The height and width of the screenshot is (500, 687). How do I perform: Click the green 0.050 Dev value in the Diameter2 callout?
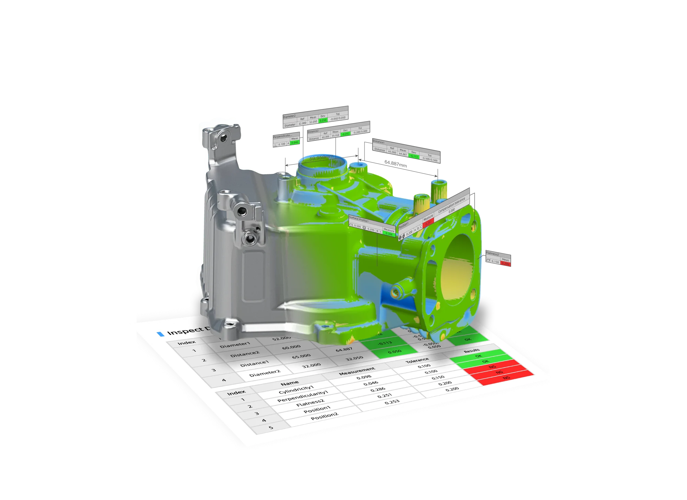click(x=323, y=120)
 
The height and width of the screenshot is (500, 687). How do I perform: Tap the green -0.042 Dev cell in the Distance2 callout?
click(x=346, y=134)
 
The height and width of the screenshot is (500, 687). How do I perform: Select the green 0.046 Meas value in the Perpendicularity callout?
click(x=295, y=142)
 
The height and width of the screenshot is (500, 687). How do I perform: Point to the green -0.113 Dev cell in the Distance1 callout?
click(x=414, y=156)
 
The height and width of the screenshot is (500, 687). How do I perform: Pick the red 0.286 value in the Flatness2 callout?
click(x=505, y=263)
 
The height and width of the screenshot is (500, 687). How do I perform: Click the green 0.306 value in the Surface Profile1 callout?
click(x=389, y=234)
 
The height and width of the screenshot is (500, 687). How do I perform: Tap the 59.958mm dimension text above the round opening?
click(x=321, y=158)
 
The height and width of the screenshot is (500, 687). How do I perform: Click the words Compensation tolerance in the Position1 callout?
click(x=451, y=205)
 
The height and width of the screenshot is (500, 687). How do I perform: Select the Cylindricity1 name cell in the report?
click(x=296, y=390)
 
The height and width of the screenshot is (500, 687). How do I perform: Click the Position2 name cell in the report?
click(x=324, y=416)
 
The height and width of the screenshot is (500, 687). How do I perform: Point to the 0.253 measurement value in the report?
click(x=392, y=402)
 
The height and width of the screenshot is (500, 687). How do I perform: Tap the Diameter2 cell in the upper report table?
click(x=264, y=373)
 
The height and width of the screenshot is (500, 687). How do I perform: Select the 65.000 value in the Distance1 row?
click(x=301, y=356)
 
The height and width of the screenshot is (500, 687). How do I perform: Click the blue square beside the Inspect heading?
click(x=160, y=334)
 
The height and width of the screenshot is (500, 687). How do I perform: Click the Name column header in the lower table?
click(x=290, y=383)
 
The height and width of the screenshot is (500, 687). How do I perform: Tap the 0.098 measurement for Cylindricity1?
click(x=364, y=377)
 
